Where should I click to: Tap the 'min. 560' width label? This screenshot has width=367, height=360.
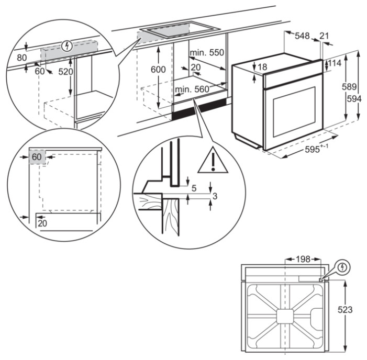[192, 89]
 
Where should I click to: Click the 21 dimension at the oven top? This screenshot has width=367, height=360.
[324, 36]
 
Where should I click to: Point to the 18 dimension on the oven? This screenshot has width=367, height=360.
[262, 67]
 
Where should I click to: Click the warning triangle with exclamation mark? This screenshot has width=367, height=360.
[213, 161]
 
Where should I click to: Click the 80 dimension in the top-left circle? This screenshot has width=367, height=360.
[21, 57]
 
